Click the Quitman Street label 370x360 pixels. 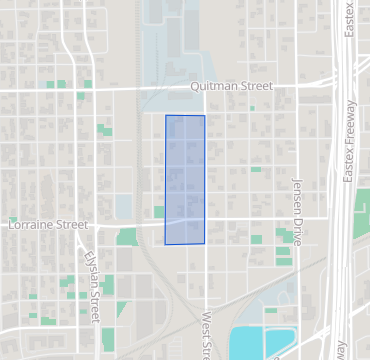[231, 87]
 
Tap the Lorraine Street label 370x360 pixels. [47, 225]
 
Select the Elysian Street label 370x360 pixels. [92, 286]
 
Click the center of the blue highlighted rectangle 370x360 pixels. [185, 180]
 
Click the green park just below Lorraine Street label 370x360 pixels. [127, 237]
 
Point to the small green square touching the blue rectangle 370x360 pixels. [159, 212]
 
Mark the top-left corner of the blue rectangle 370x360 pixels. [166, 116]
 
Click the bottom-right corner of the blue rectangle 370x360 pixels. [205, 243]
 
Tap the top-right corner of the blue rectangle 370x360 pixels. [205, 116]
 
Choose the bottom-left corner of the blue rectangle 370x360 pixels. [165, 243]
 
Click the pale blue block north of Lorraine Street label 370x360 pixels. [124, 206]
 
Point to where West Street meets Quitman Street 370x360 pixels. [206, 89]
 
